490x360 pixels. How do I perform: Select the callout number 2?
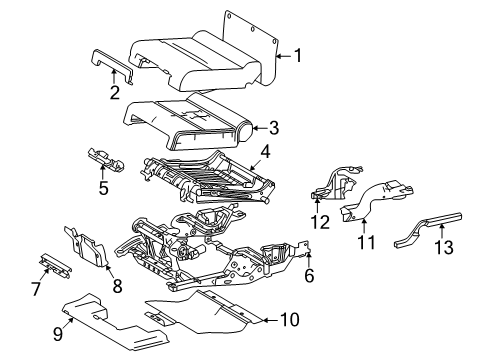(x=115, y=94)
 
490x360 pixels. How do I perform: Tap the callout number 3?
(x=273, y=127)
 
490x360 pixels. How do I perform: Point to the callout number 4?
(x=266, y=152)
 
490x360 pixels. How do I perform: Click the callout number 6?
(x=309, y=275)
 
